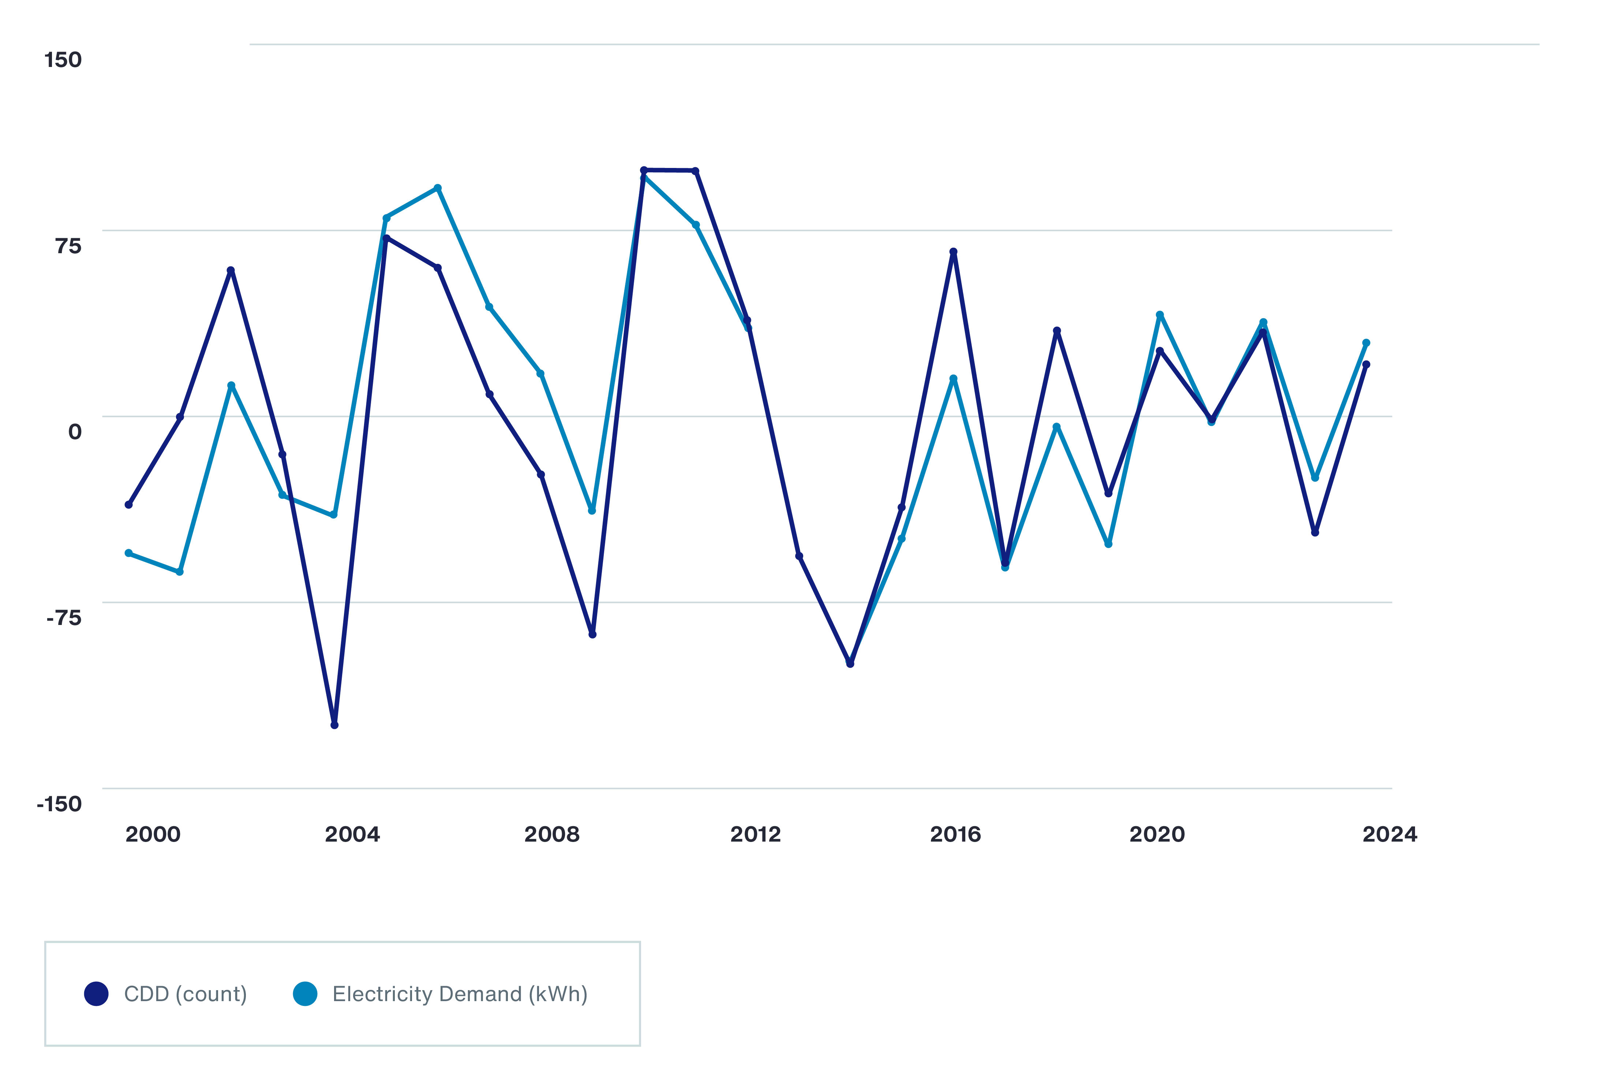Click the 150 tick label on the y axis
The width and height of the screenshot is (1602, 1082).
coord(63,60)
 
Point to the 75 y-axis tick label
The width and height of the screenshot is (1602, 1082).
coord(68,246)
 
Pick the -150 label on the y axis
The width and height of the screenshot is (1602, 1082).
coord(59,804)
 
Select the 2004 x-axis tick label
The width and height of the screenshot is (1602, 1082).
coord(352,835)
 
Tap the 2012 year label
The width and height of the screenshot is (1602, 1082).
coord(756,835)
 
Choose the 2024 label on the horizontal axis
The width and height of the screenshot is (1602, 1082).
coord(1390,835)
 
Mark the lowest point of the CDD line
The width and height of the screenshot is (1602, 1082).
coord(334,725)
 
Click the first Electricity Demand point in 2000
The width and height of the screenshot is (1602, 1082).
coord(128,553)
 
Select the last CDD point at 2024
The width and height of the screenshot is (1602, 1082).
coord(1366,364)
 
